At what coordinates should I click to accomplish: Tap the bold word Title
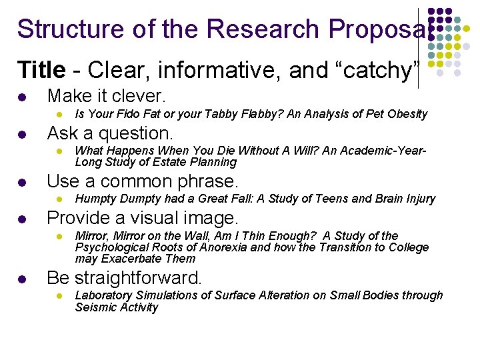pos(41,69)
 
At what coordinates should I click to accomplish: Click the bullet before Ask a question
pos(22,133)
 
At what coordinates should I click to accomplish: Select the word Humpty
pos(95,199)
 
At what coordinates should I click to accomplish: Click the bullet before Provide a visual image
pos(22,219)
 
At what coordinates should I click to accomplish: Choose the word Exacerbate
pos(132,259)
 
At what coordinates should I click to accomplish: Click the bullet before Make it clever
pos(22,97)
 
